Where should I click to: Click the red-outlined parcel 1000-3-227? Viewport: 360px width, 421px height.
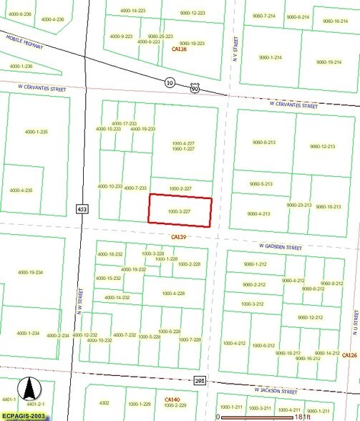(x=180, y=211)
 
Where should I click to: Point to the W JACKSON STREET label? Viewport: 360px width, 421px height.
(x=276, y=391)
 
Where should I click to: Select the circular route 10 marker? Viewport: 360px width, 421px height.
(x=170, y=82)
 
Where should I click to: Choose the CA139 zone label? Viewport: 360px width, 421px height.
(x=178, y=236)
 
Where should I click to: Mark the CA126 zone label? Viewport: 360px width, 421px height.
(x=349, y=356)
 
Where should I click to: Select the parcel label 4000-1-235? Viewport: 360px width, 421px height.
(x=36, y=132)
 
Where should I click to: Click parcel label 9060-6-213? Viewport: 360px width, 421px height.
(x=263, y=142)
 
